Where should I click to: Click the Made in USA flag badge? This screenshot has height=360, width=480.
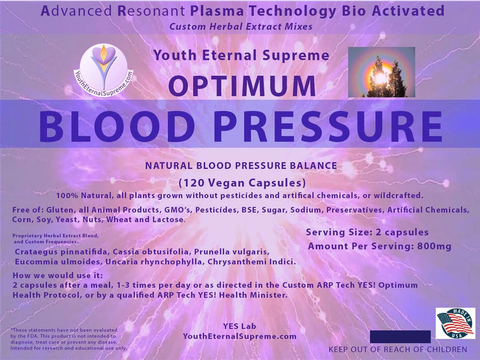tap(456, 323)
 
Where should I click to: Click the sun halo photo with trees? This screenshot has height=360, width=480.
tap(382, 72)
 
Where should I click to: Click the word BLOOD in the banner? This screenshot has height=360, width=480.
tap(117, 126)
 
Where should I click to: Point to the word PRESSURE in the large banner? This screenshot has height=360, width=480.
tap(328, 126)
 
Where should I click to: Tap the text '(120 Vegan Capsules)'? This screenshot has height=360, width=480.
tap(242, 183)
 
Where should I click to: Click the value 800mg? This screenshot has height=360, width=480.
tap(434, 246)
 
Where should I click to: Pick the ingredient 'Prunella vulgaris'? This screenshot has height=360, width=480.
tap(232, 252)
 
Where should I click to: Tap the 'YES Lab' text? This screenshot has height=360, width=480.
tap(240, 326)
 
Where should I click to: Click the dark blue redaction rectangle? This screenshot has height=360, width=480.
tap(400, 337)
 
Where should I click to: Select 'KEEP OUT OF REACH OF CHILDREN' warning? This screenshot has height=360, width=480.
tap(398, 349)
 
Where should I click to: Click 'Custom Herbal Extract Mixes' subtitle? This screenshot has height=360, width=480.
tap(241, 27)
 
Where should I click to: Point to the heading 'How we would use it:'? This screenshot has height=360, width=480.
tap(58, 275)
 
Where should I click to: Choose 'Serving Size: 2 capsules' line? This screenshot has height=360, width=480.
tap(367, 232)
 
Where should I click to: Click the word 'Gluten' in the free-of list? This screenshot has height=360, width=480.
tap(60, 210)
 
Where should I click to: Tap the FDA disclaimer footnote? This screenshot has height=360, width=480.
tap(68, 339)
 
